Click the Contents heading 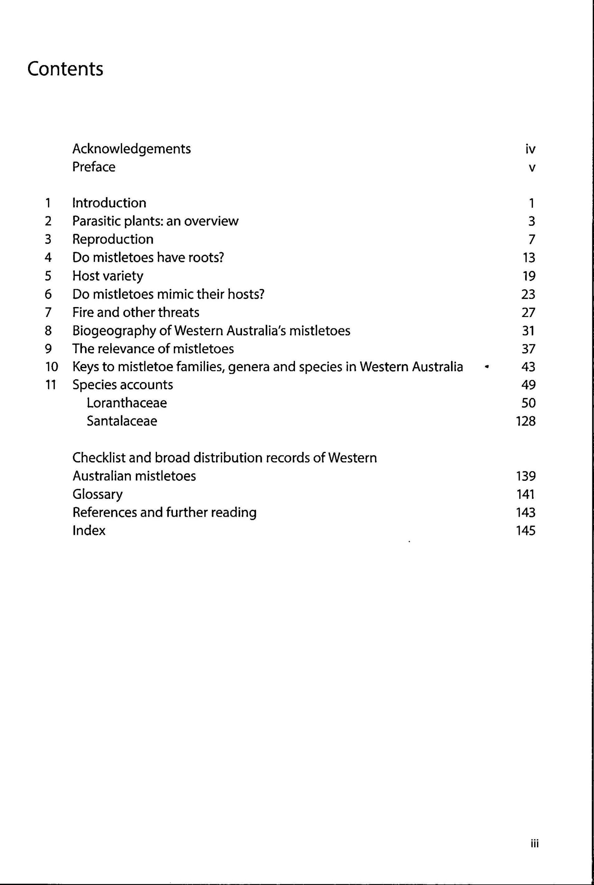pos(65,69)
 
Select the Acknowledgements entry pos(131,149)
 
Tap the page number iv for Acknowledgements pos(530,149)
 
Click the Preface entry pos(94,167)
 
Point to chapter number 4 pos(48,258)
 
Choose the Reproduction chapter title pos(113,239)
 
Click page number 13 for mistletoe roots pos(528,258)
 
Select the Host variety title pos(108,276)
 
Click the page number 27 pos(528,313)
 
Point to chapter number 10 pos(51,366)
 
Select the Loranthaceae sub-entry pos(127,402)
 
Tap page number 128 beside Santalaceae pos(526,421)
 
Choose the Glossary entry pos(98,495)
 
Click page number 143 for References pos(526,512)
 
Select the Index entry pos(89,531)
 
